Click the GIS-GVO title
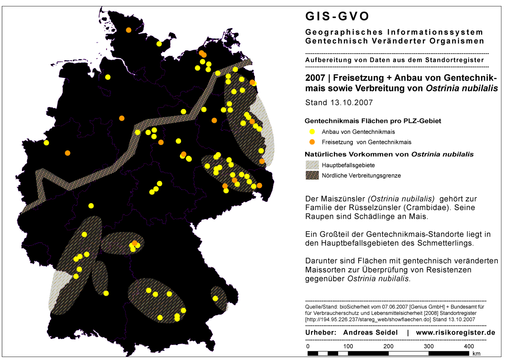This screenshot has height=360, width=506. coord(337,17)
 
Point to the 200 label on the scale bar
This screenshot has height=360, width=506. coord(388,346)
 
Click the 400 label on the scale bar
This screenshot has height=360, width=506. coord(469,346)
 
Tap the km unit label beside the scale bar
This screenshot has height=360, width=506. coord(476,354)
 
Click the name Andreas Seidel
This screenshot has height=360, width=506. coord(370,333)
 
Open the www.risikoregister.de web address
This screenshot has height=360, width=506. coord(456,333)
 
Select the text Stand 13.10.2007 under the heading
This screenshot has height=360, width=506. coord(339,103)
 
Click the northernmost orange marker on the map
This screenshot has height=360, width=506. coord(129,30)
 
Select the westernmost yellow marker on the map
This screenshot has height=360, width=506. coord(46,143)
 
